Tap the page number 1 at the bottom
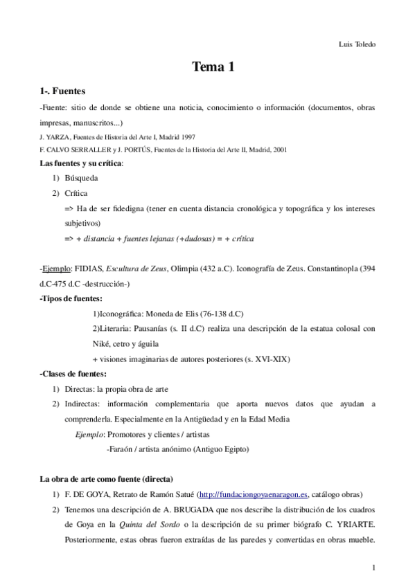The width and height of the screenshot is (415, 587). pos(373,568)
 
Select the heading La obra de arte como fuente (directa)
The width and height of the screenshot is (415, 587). pos(106,479)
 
